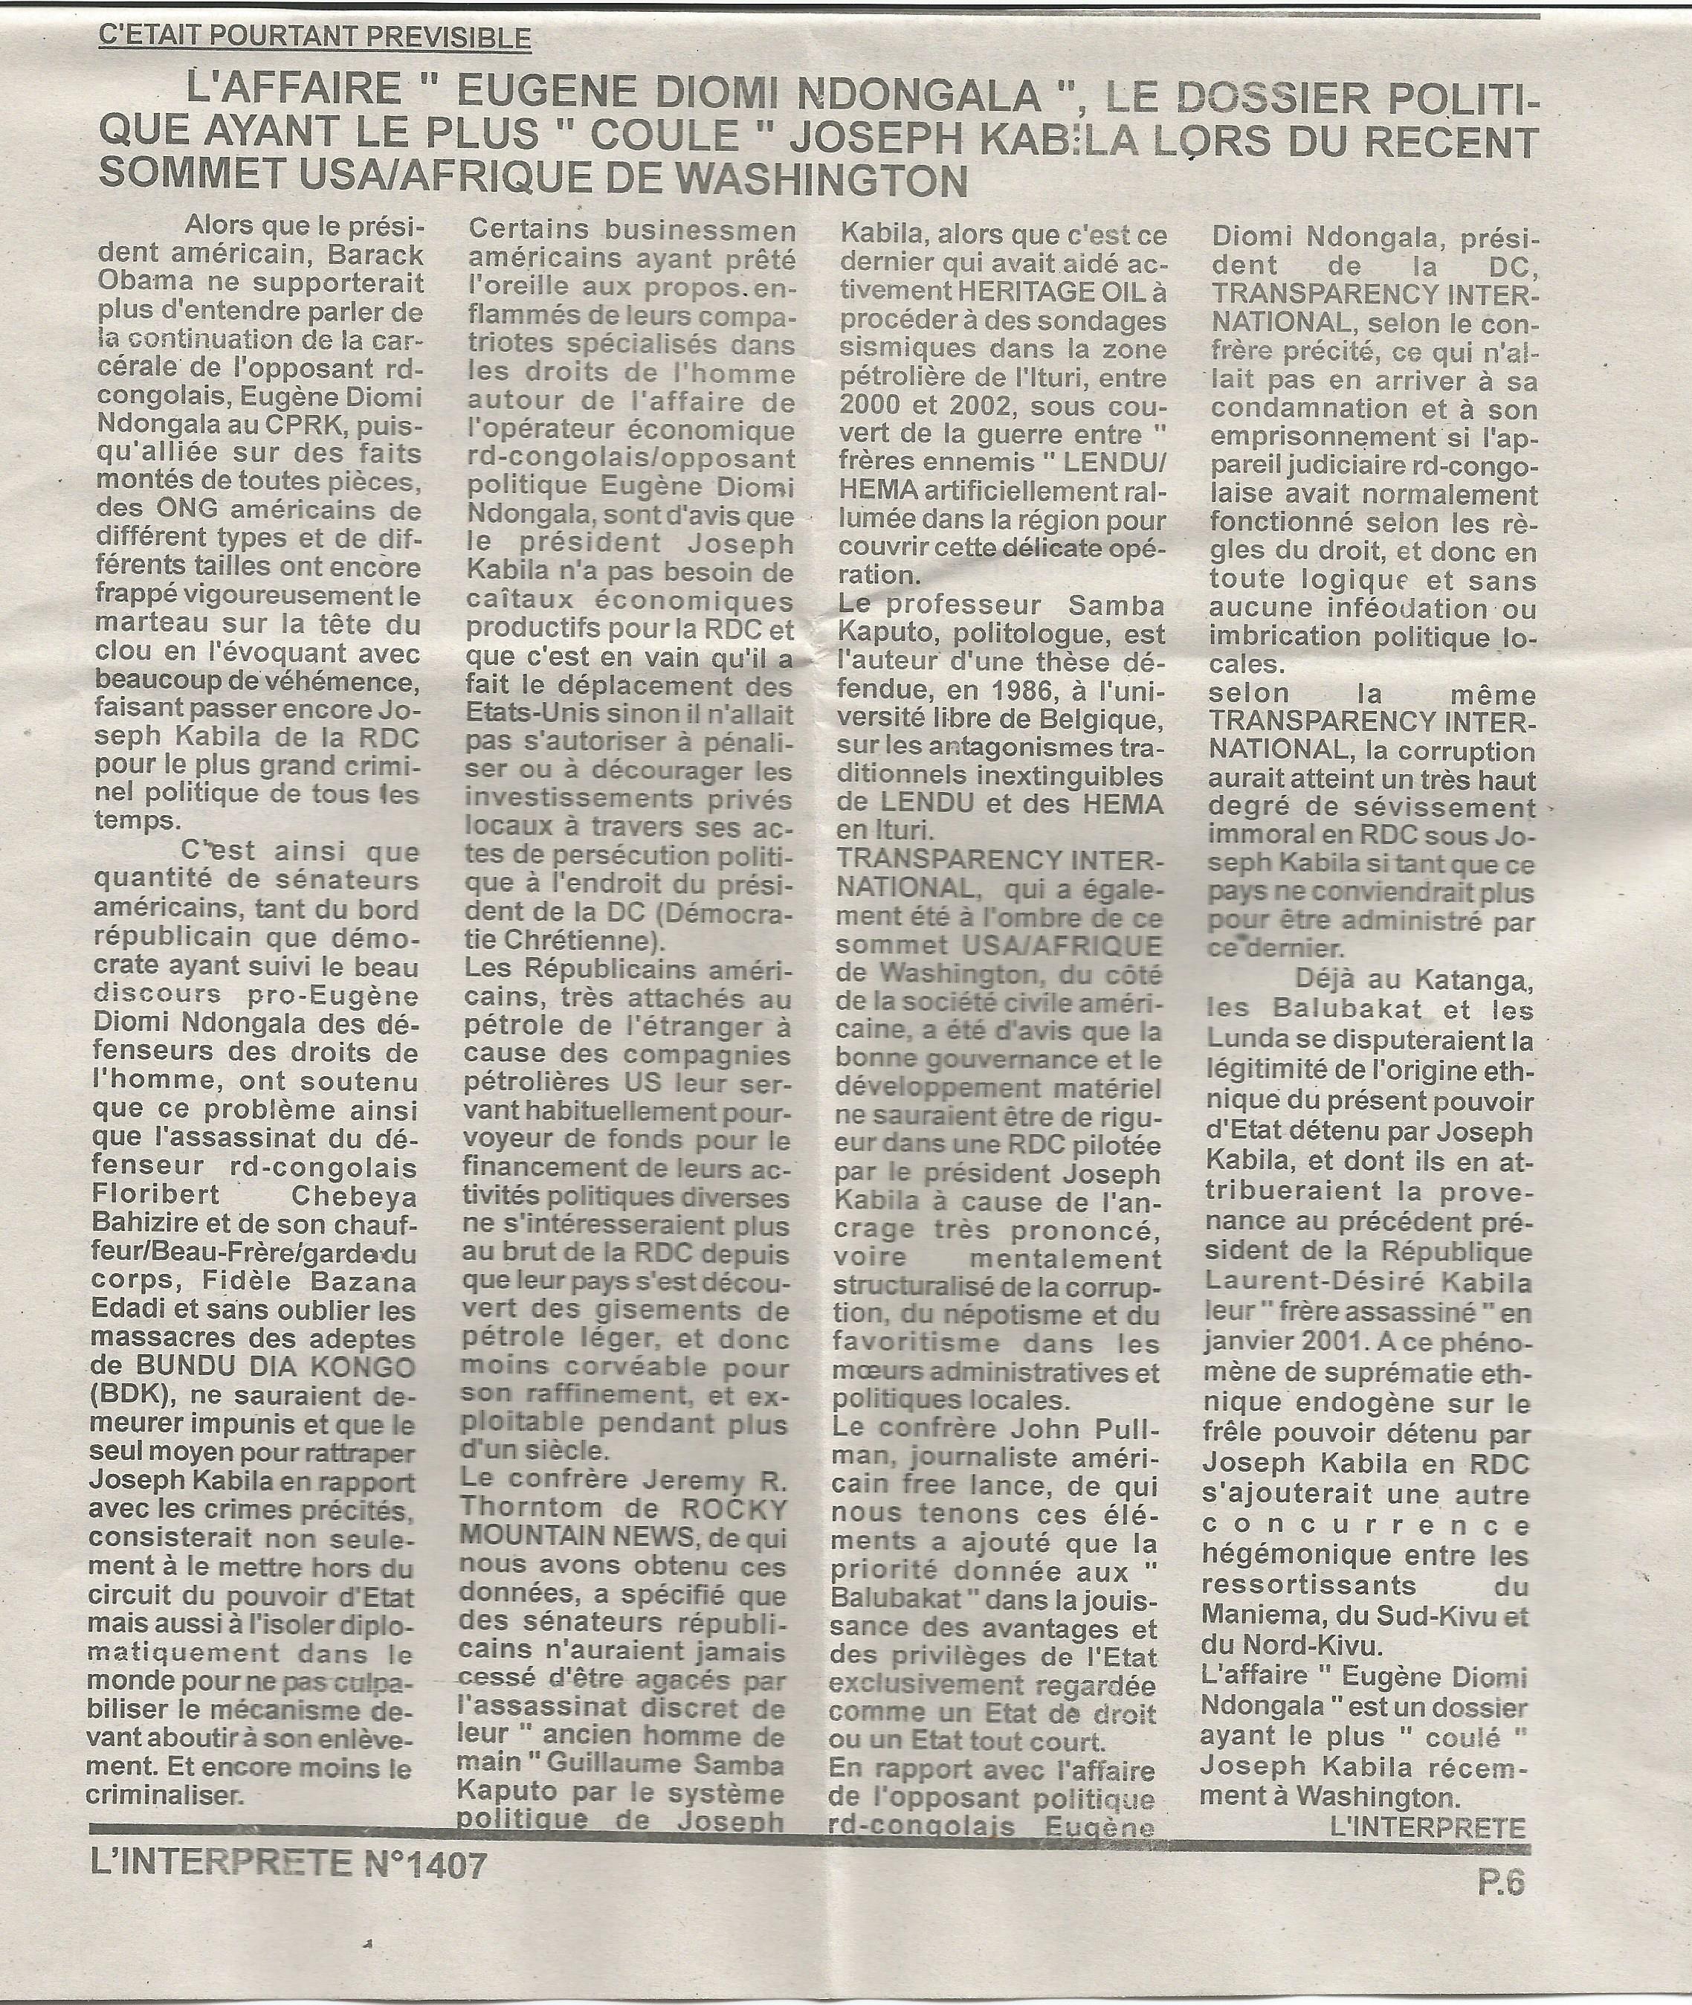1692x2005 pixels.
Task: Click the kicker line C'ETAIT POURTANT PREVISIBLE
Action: tap(314, 39)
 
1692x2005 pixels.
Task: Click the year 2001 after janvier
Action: tap(1347, 1339)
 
